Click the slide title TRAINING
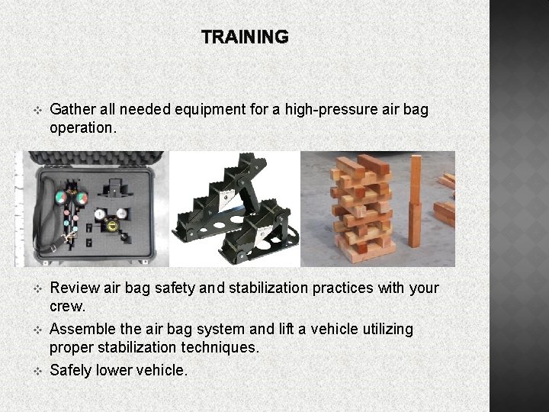[245, 37]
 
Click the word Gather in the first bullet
[71, 110]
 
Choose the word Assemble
[82, 329]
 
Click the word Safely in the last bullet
[71, 370]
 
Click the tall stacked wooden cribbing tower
[361, 210]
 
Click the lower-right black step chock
[263, 233]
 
